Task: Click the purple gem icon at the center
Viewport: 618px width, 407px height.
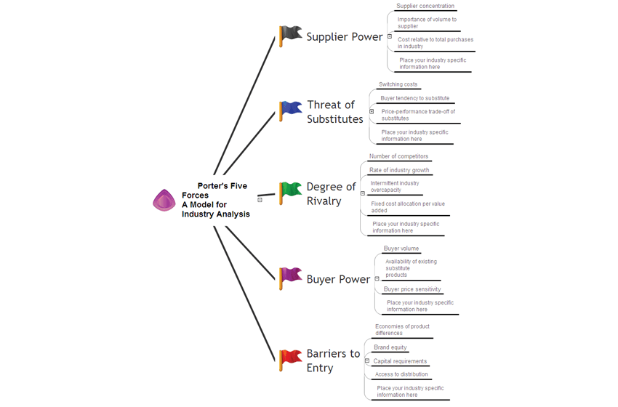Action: point(164,200)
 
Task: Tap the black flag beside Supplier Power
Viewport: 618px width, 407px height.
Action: point(290,35)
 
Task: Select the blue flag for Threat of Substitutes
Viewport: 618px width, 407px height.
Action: point(290,110)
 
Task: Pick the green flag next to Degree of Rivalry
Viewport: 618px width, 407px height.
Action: point(290,191)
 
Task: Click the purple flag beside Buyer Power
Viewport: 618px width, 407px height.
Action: point(290,276)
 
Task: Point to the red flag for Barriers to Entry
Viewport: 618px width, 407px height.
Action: point(290,358)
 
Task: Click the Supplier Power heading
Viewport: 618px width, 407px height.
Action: point(344,36)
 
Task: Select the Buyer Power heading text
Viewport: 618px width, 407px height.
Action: point(338,279)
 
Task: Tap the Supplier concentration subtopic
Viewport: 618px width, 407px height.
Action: point(425,6)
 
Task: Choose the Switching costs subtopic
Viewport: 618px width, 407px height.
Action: point(398,84)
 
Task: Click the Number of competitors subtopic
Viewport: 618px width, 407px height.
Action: point(398,156)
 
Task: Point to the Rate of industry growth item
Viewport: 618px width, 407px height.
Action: point(399,170)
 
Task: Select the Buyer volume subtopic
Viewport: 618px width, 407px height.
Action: point(401,249)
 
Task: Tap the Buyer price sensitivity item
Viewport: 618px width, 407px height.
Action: point(412,289)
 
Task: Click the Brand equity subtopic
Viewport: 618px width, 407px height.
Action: point(390,347)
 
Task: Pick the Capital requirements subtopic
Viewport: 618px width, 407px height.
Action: point(400,361)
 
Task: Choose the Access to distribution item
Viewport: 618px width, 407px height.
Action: point(401,374)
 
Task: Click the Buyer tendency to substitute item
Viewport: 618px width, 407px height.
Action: point(415,98)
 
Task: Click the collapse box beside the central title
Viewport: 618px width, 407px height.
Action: point(260,199)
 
